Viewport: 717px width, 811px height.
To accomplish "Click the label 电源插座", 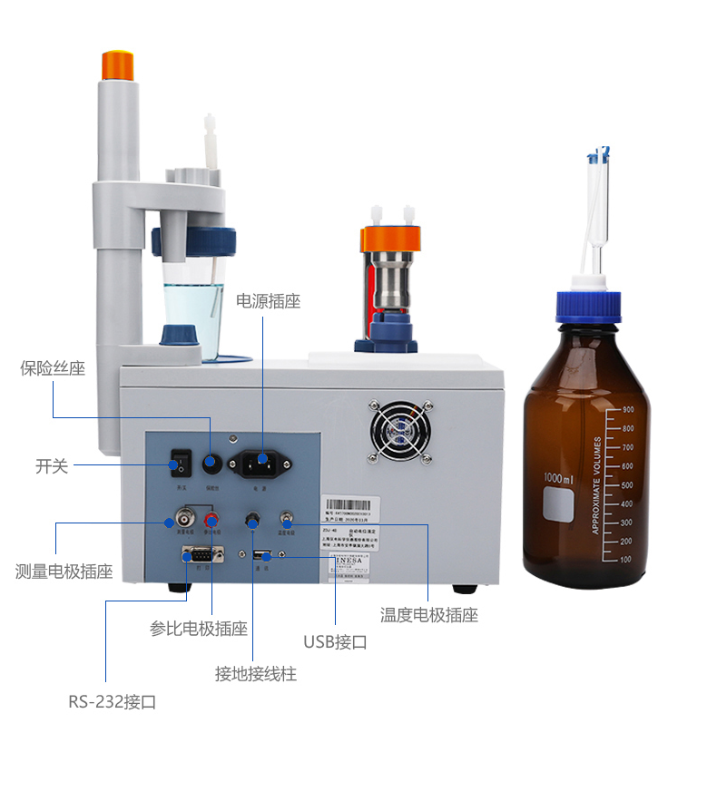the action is tap(268, 300).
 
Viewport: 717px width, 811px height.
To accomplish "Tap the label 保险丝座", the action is tap(53, 368).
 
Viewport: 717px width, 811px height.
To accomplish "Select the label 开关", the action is tap(52, 466).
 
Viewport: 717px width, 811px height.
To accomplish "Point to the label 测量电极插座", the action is tap(64, 572).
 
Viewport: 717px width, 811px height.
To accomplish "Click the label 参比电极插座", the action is tap(198, 628).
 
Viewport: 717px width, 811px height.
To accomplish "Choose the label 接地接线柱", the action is tap(255, 674).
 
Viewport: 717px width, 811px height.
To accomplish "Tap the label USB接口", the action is tap(335, 642).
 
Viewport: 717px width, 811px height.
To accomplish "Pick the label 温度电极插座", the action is tap(428, 614).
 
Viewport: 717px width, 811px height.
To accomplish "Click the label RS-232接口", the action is tap(113, 701).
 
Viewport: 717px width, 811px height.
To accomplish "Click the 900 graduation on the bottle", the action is tap(626, 409).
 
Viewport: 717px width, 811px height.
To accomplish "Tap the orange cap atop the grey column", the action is tap(117, 65).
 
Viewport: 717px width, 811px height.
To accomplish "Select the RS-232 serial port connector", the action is tap(202, 554).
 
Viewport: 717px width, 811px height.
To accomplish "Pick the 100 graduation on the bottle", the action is tap(625, 560).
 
